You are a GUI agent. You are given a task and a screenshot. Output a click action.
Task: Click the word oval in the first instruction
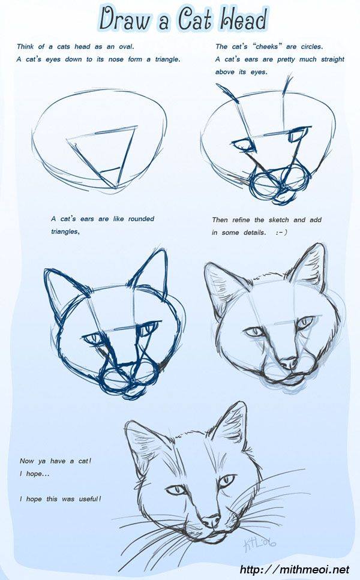click(x=126, y=47)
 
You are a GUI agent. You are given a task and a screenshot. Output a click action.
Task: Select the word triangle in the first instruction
click(x=167, y=59)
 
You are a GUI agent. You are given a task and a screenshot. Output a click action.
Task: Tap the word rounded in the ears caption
click(x=141, y=219)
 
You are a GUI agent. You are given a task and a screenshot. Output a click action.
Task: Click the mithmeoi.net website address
click(x=295, y=570)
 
